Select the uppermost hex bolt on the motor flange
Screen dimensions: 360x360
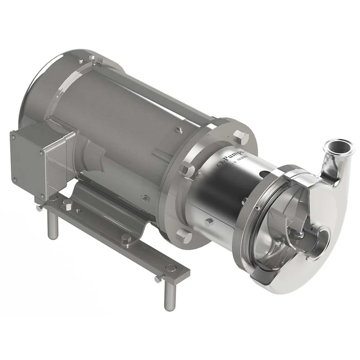(240, 136)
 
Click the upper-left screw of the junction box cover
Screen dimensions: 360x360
(14, 137)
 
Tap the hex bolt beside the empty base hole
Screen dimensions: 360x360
(67, 206)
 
